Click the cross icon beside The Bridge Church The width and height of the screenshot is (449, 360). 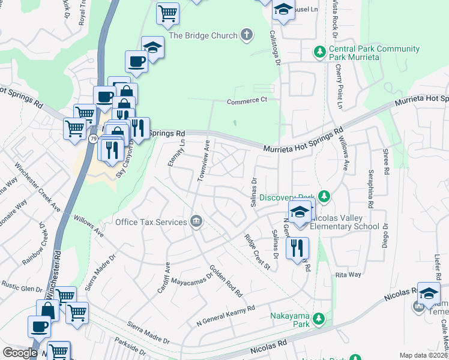click(246, 35)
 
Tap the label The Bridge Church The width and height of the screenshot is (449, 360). click(203, 35)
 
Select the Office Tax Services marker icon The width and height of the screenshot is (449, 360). click(196, 222)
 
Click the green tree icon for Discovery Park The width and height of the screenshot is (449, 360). click(324, 197)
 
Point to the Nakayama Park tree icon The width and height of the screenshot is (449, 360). click(321, 318)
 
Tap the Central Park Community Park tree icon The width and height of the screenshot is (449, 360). click(319, 53)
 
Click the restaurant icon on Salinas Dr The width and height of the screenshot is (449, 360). click(297, 248)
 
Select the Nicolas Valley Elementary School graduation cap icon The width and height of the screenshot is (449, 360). click(300, 212)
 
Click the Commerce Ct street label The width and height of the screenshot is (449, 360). click(246, 101)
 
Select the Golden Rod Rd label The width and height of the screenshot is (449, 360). click(225, 281)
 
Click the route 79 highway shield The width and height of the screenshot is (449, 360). click(93, 139)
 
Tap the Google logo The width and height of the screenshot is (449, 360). click(20, 353)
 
